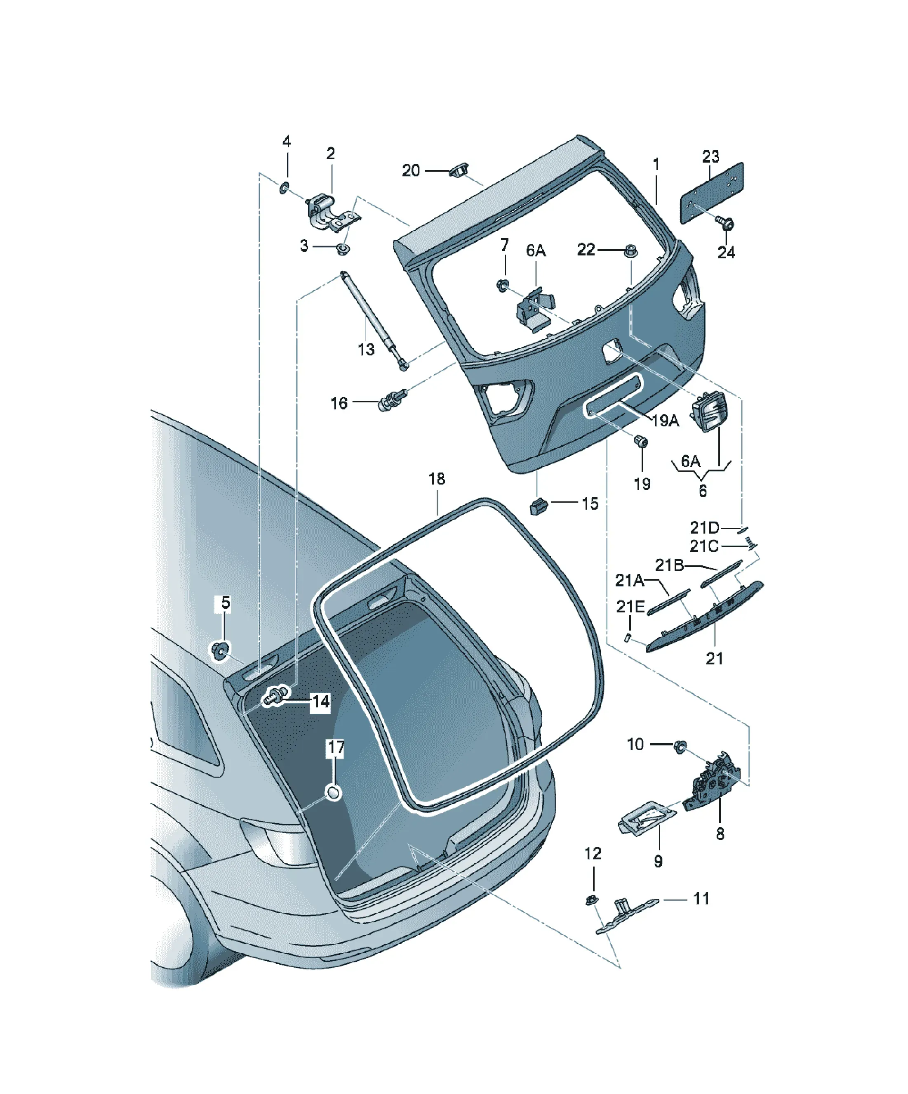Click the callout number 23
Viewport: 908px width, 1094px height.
pos(710,156)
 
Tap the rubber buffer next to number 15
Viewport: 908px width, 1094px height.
pos(539,506)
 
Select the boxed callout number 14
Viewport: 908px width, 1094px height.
pos(321,702)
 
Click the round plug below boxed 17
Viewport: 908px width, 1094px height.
pos(333,793)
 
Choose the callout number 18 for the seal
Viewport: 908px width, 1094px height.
pos(437,479)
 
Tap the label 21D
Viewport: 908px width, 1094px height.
pos(704,528)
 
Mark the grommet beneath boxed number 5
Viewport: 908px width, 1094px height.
pos(220,651)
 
